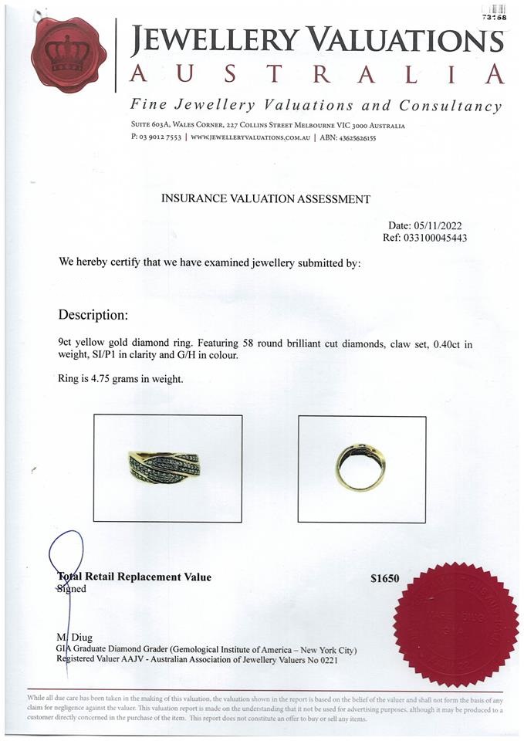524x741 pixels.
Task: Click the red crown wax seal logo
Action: pyautogui.click(x=69, y=53)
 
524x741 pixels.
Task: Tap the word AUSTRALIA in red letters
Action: pyautogui.click(x=316, y=74)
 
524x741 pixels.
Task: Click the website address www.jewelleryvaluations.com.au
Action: pyautogui.click(x=250, y=137)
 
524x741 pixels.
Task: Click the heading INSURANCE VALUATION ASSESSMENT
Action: pyautogui.click(x=265, y=198)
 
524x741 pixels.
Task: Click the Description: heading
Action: pyautogui.click(x=93, y=315)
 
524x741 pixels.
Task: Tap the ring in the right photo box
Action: pyautogui.click(x=360, y=466)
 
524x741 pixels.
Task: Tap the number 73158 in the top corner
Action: pyautogui.click(x=493, y=15)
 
